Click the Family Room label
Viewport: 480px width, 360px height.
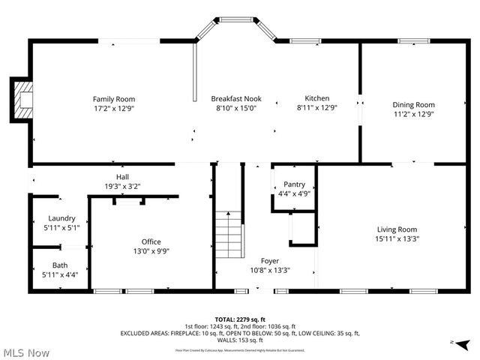click(x=114, y=99)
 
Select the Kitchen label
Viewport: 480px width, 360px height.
click(x=316, y=98)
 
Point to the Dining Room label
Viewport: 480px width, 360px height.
click(x=414, y=105)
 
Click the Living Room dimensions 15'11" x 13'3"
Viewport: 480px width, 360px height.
click(x=397, y=239)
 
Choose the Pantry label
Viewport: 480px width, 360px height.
click(x=294, y=184)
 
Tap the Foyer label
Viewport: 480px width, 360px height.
click(x=270, y=261)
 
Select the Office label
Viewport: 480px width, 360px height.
click(x=151, y=241)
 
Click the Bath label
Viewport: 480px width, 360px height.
click(x=59, y=265)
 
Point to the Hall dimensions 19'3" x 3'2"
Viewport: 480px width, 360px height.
click(x=122, y=186)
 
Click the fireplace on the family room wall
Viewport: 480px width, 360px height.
click(x=22, y=99)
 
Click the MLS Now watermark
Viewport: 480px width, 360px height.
click(x=26, y=352)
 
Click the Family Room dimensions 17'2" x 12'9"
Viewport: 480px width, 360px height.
click(x=114, y=108)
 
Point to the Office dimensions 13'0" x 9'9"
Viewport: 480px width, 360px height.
click(x=151, y=251)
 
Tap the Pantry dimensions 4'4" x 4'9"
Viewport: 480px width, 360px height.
click(x=294, y=193)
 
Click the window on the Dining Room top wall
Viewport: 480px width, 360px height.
click(x=412, y=40)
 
